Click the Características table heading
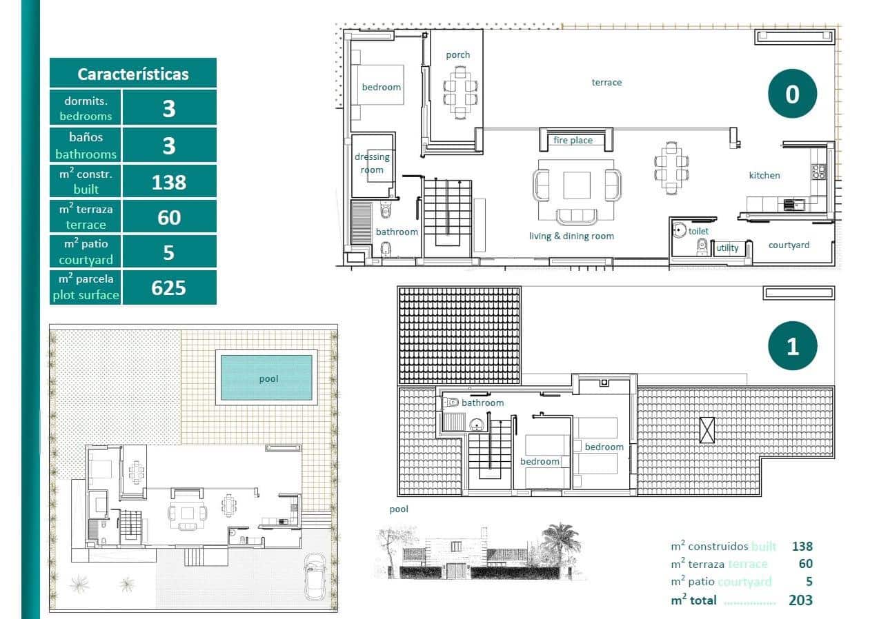(x=132, y=74)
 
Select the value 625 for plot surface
(x=169, y=287)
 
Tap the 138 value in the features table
(x=169, y=181)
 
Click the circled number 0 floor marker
(x=792, y=93)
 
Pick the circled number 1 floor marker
(x=792, y=345)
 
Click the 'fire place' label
(x=573, y=140)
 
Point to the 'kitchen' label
(x=764, y=175)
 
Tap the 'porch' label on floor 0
(x=457, y=54)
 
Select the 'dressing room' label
(x=372, y=163)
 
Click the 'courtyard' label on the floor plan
(x=789, y=245)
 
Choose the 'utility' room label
(x=727, y=247)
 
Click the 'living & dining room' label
(x=571, y=236)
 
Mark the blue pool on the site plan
(x=266, y=378)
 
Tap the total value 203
(x=800, y=600)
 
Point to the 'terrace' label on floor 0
(x=606, y=82)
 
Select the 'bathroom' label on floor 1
(x=482, y=403)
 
